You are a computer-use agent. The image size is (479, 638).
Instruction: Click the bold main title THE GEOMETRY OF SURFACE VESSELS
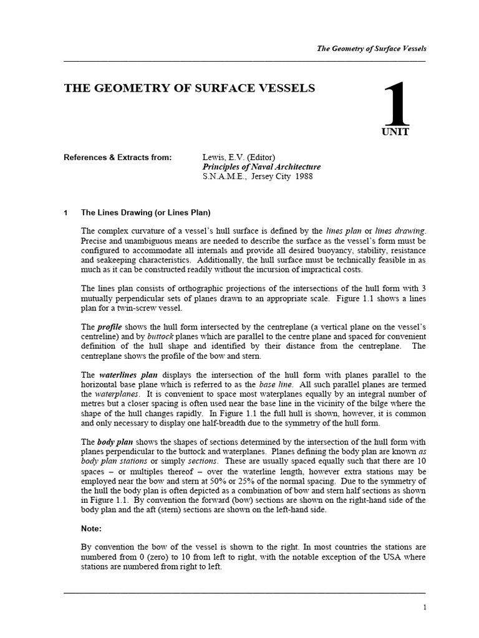[x=190, y=88]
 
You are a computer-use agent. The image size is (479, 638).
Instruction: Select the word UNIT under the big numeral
[x=395, y=132]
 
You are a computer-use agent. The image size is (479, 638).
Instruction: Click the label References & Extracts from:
[x=117, y=158]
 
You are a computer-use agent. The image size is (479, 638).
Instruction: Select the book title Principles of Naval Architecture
[x=261, y=167]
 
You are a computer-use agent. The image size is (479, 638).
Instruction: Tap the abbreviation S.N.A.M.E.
[x=222, y=176]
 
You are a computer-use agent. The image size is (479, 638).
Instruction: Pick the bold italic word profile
[x=109, y=326]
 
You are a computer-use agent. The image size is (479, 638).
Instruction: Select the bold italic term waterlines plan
[x=128, y=374]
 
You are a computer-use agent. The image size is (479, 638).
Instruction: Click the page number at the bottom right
[x=424, y=607]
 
